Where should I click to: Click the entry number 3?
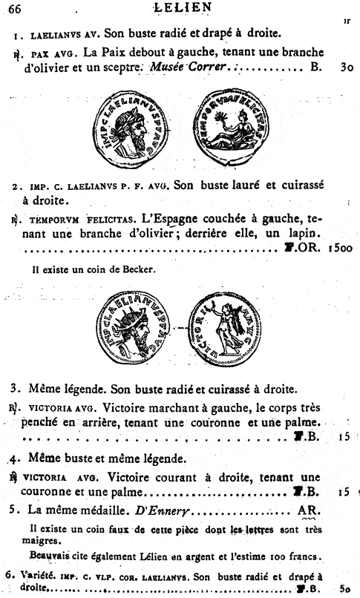coord(14,387)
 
